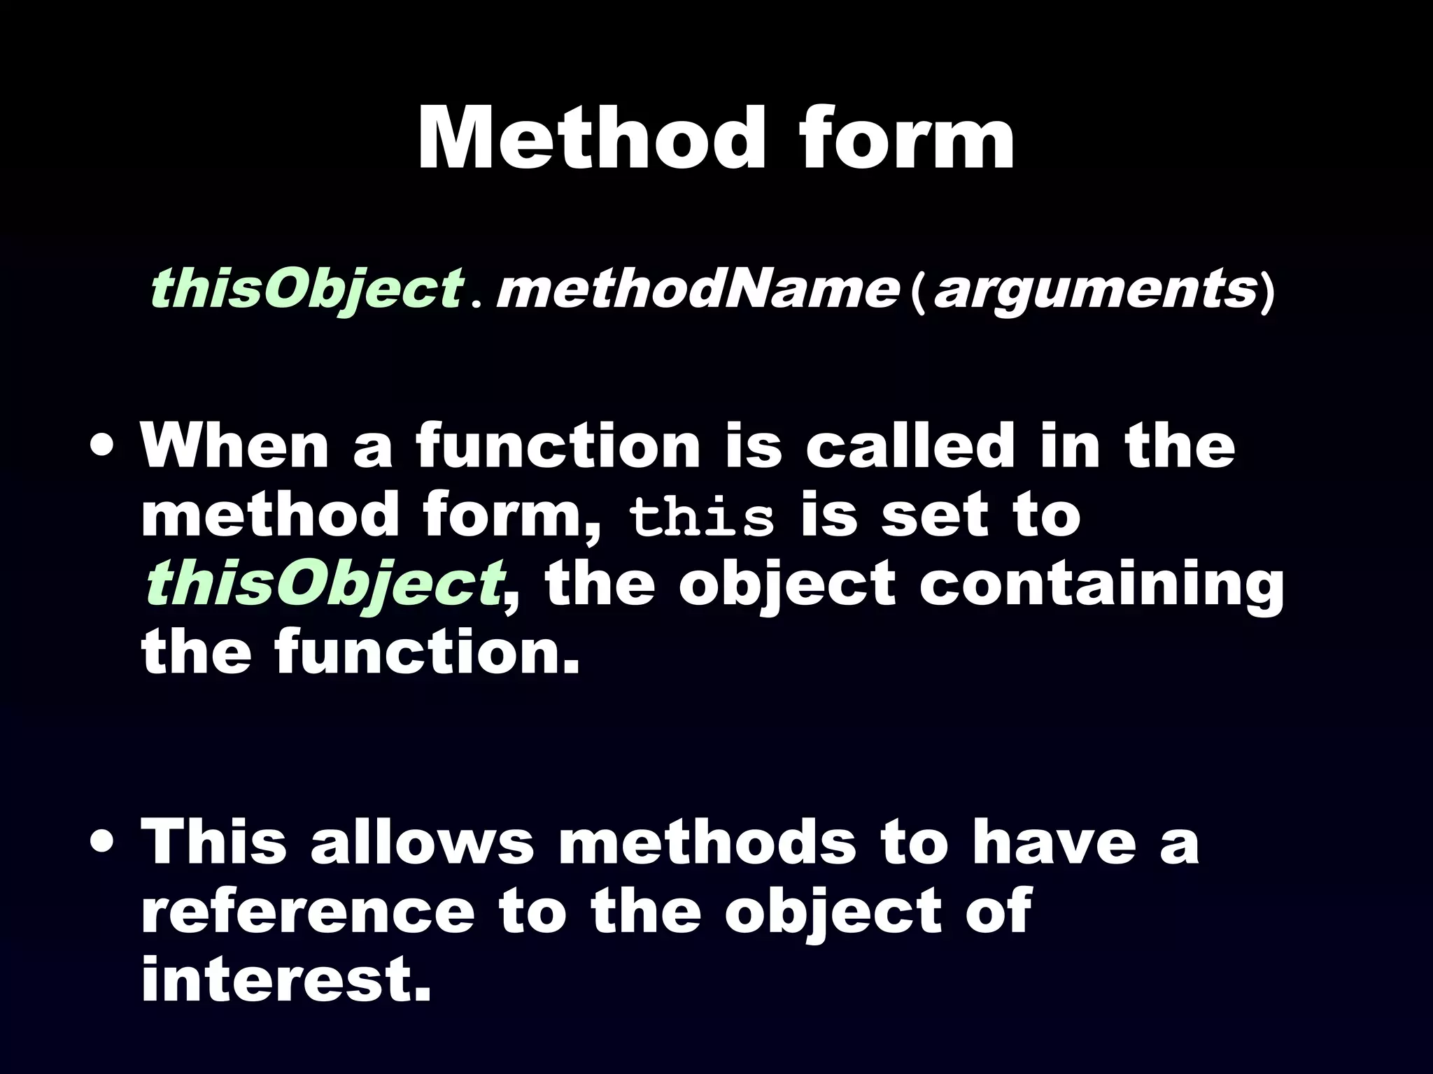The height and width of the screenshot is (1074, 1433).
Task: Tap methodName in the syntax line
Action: pos(696,288)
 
